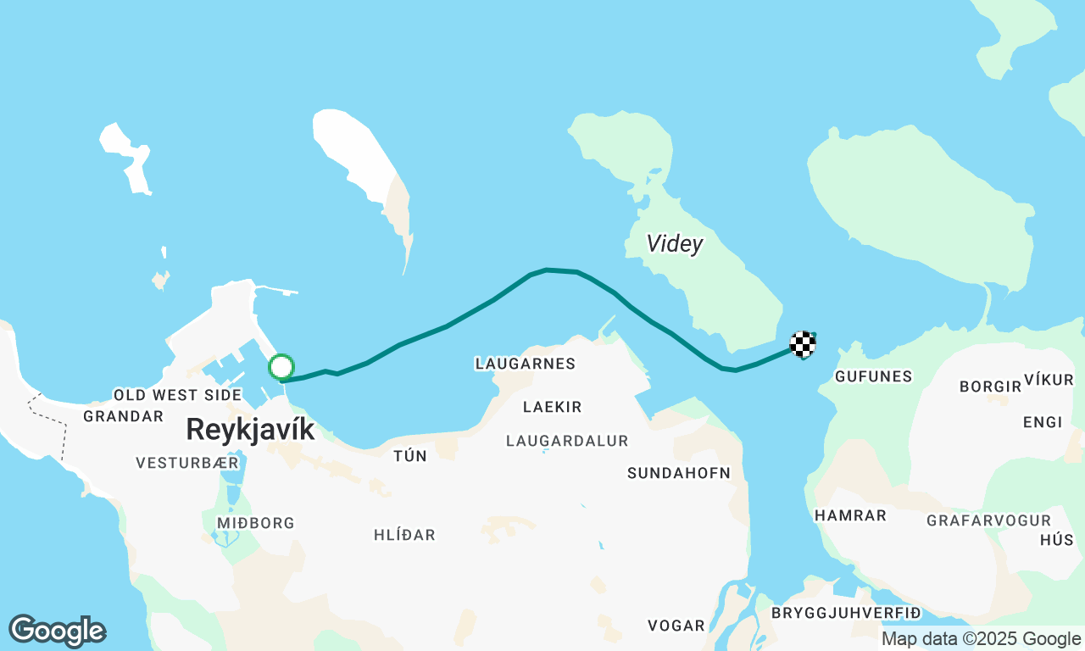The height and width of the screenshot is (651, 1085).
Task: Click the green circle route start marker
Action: click(281, 367)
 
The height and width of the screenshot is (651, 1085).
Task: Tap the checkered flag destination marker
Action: click(803, 343)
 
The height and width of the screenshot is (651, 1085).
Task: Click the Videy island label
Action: click(675, 244)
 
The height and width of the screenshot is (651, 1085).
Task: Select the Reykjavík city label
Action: click(250, 429)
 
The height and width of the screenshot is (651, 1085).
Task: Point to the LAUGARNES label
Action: click(526, 364)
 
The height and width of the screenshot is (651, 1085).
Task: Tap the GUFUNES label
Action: click(873, 376)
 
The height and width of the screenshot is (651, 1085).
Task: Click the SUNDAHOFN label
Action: click(678, 473)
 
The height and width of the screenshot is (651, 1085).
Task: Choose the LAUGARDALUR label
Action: click(567, 441)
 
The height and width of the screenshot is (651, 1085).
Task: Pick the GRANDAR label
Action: click(123, 416)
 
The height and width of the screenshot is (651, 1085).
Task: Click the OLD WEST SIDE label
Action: click(178, 395)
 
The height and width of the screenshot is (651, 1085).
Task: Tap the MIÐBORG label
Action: click(255, 523)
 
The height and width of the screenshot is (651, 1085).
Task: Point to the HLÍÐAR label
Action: click(404, 535)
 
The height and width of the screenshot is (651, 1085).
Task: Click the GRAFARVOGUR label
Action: click(988, 520)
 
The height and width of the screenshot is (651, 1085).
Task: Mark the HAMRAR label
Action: click(850, 515)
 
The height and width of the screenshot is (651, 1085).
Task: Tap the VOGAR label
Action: click(676, 626)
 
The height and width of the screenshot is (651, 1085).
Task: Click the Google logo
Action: click(57, 632)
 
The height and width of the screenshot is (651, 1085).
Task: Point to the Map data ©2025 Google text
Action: click(981, 639)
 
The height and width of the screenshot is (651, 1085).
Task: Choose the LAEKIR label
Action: click(553, 407)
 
